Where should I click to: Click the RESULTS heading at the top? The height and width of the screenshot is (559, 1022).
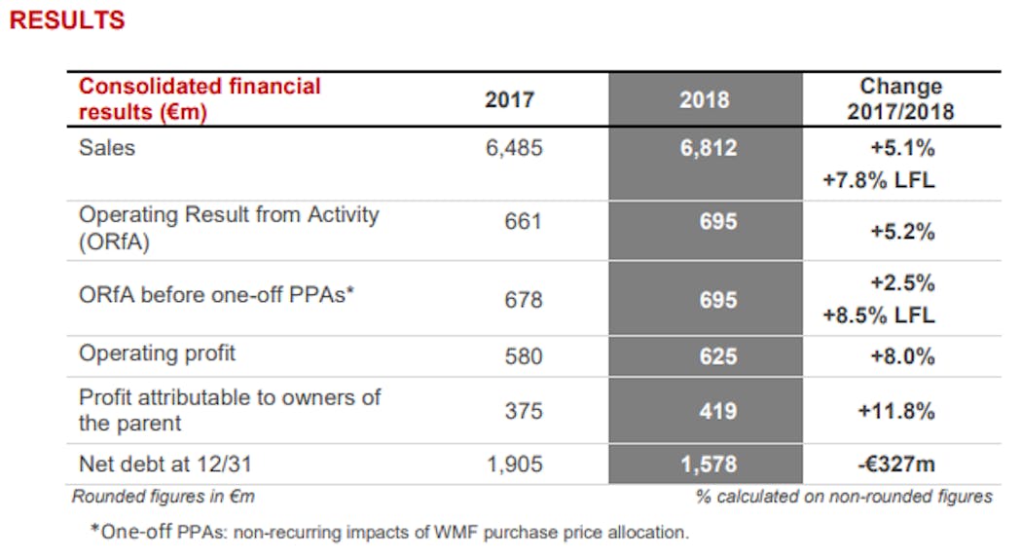pos(66,19)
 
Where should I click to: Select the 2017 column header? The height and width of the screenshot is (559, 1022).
pos(509,99)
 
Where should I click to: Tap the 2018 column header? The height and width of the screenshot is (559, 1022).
pos(705,99)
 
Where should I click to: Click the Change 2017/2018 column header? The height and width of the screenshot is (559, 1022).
pos(900,99)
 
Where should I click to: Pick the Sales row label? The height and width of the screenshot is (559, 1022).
pos(107,148)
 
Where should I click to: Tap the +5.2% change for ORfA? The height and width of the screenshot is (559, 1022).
pos(902,232)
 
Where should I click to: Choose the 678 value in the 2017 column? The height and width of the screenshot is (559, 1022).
pos(523,300)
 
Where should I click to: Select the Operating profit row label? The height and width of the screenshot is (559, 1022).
pos(157,354)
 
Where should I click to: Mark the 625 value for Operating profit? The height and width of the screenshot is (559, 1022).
pos(717,356)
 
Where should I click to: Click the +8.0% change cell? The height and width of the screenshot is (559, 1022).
pos(902,356)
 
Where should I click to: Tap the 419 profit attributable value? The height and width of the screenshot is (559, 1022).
pos(717,411)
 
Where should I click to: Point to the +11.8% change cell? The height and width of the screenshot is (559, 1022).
pos(896,411)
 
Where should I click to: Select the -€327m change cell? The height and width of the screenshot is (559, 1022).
pos(896,465)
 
